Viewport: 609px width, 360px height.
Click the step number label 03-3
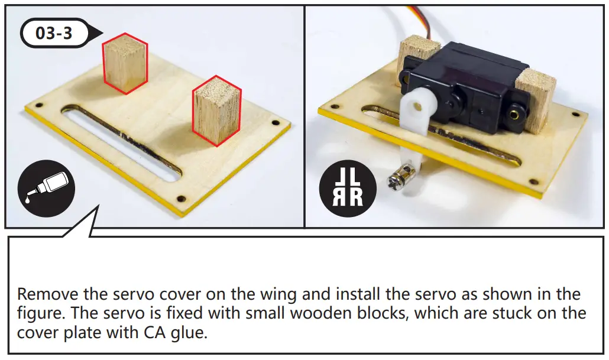[54, 33]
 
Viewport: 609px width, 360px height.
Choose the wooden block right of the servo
[536, 98]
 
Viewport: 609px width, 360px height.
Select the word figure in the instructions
[34, 313]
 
